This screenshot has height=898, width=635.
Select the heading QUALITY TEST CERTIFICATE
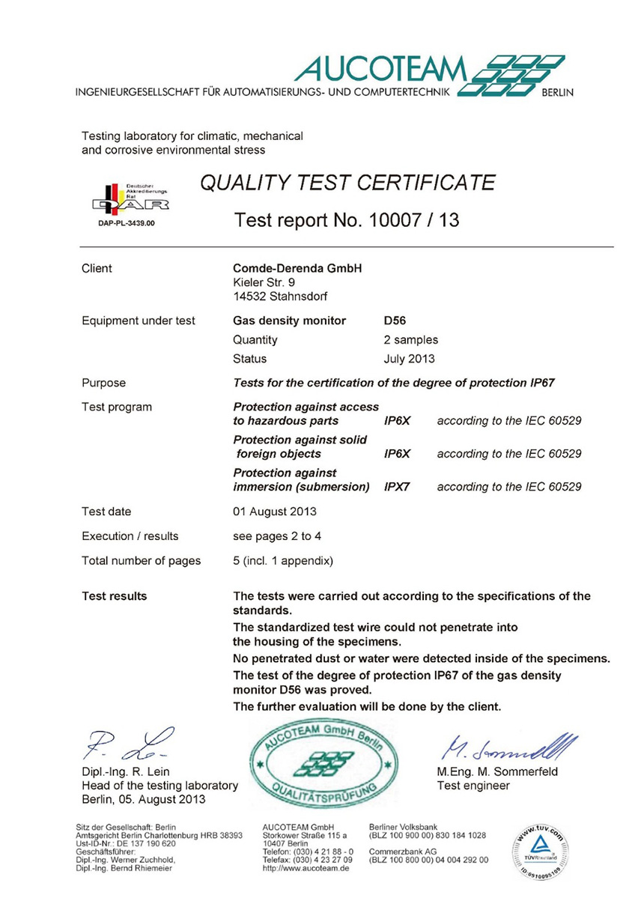(347, 183)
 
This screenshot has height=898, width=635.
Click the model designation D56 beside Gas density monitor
(395, 321)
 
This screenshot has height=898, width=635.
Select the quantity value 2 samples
(411, 339)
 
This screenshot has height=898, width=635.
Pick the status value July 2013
(409, 359)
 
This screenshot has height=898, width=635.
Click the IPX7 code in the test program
(397, 487)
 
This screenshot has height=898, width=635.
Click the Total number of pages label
(141, 560)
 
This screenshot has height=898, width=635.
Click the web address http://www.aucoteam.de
(307, 868)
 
